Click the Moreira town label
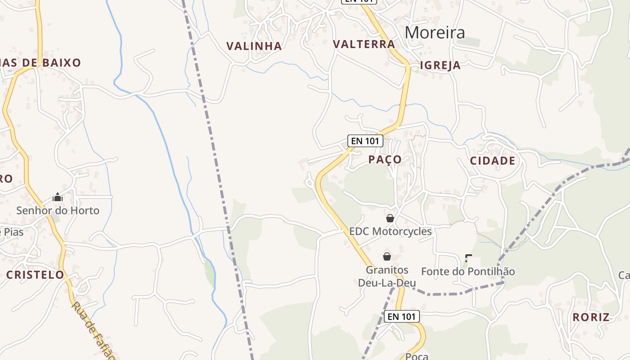(x=435, y=32)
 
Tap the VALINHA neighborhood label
(x=254, y=46)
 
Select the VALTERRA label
(x=364, y=44)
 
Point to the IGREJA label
(x=440, y=65)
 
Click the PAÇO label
(x=385, y=159)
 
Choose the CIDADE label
(x=492, y=161)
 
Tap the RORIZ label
(x=591, y=317)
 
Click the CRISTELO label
(x=35, y=274)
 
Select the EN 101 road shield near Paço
(x=365, y=141)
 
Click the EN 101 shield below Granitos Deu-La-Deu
(x=402, y=316)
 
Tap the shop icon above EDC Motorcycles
(x=390, y=218)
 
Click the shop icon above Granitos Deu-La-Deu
(x=387, y=256)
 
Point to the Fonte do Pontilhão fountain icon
(x=468, y=258)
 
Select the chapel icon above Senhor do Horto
(x=58, y=197)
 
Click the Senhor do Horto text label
(x=58, y=210)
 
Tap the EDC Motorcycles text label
(x=390, y=231)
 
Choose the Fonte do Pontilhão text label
(x=468, y=271)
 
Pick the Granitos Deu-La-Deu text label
(x=387, y=276)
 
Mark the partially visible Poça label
(x=417, y=356)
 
